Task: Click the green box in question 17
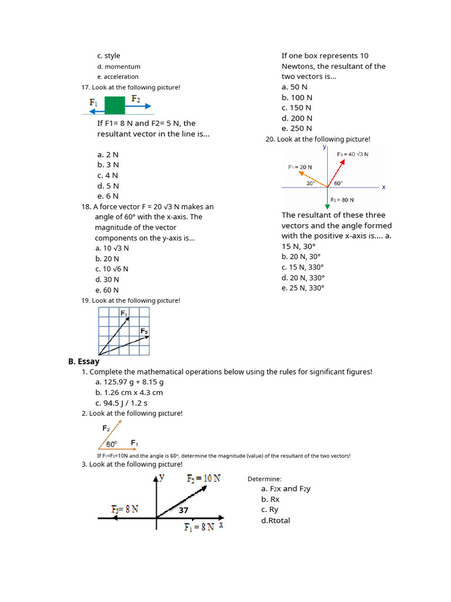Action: coord(115,105)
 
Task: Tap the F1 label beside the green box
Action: coord(93,103)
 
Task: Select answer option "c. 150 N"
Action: coord(297,108)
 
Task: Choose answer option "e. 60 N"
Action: coord(107,290)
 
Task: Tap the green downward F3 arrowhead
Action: coord(327,206)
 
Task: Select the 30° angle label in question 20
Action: coord(311,183)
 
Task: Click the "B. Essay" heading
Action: coord(84,362)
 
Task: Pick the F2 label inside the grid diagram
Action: coord(144,332)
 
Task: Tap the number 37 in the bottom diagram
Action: coord(184,510)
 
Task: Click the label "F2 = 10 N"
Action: coord(204,479)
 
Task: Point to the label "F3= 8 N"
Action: coord(124,509)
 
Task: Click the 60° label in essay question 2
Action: coord(112,444)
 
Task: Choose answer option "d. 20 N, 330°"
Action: coord(303,277)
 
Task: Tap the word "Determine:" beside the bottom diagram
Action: coord(264,479)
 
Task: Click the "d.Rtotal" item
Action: coord(275,520)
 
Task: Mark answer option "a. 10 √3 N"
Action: coord(112,248)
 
